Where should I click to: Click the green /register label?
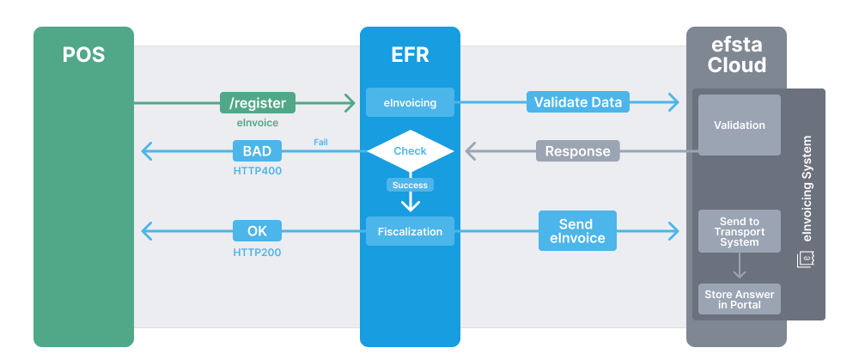(x=258, y=103)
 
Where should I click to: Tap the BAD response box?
(x=257, y=151)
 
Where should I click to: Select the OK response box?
(x=257, y=230)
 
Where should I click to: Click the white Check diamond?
(x=410, y=151)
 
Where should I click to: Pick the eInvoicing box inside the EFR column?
(x=410, y=103)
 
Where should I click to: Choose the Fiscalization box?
(x=410, y=231)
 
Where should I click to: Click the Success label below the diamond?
(x=410, y=185)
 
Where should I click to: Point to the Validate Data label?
(x=578, y=102)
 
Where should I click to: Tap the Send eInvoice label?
(x=577, y=230)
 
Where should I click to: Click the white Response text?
(x=577, y=151)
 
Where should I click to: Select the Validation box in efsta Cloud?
(x=739, y=125)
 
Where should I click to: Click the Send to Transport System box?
(x=739, y=231)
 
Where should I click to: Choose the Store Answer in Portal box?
(x=739, y=299)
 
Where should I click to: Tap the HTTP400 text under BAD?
(x=257, y=171)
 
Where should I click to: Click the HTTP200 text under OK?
(x=257, y=253)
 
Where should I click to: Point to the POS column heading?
(x=83, y=56)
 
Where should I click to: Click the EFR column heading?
(x=410, y=56)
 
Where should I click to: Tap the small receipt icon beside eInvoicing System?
(x=806, y=259)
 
